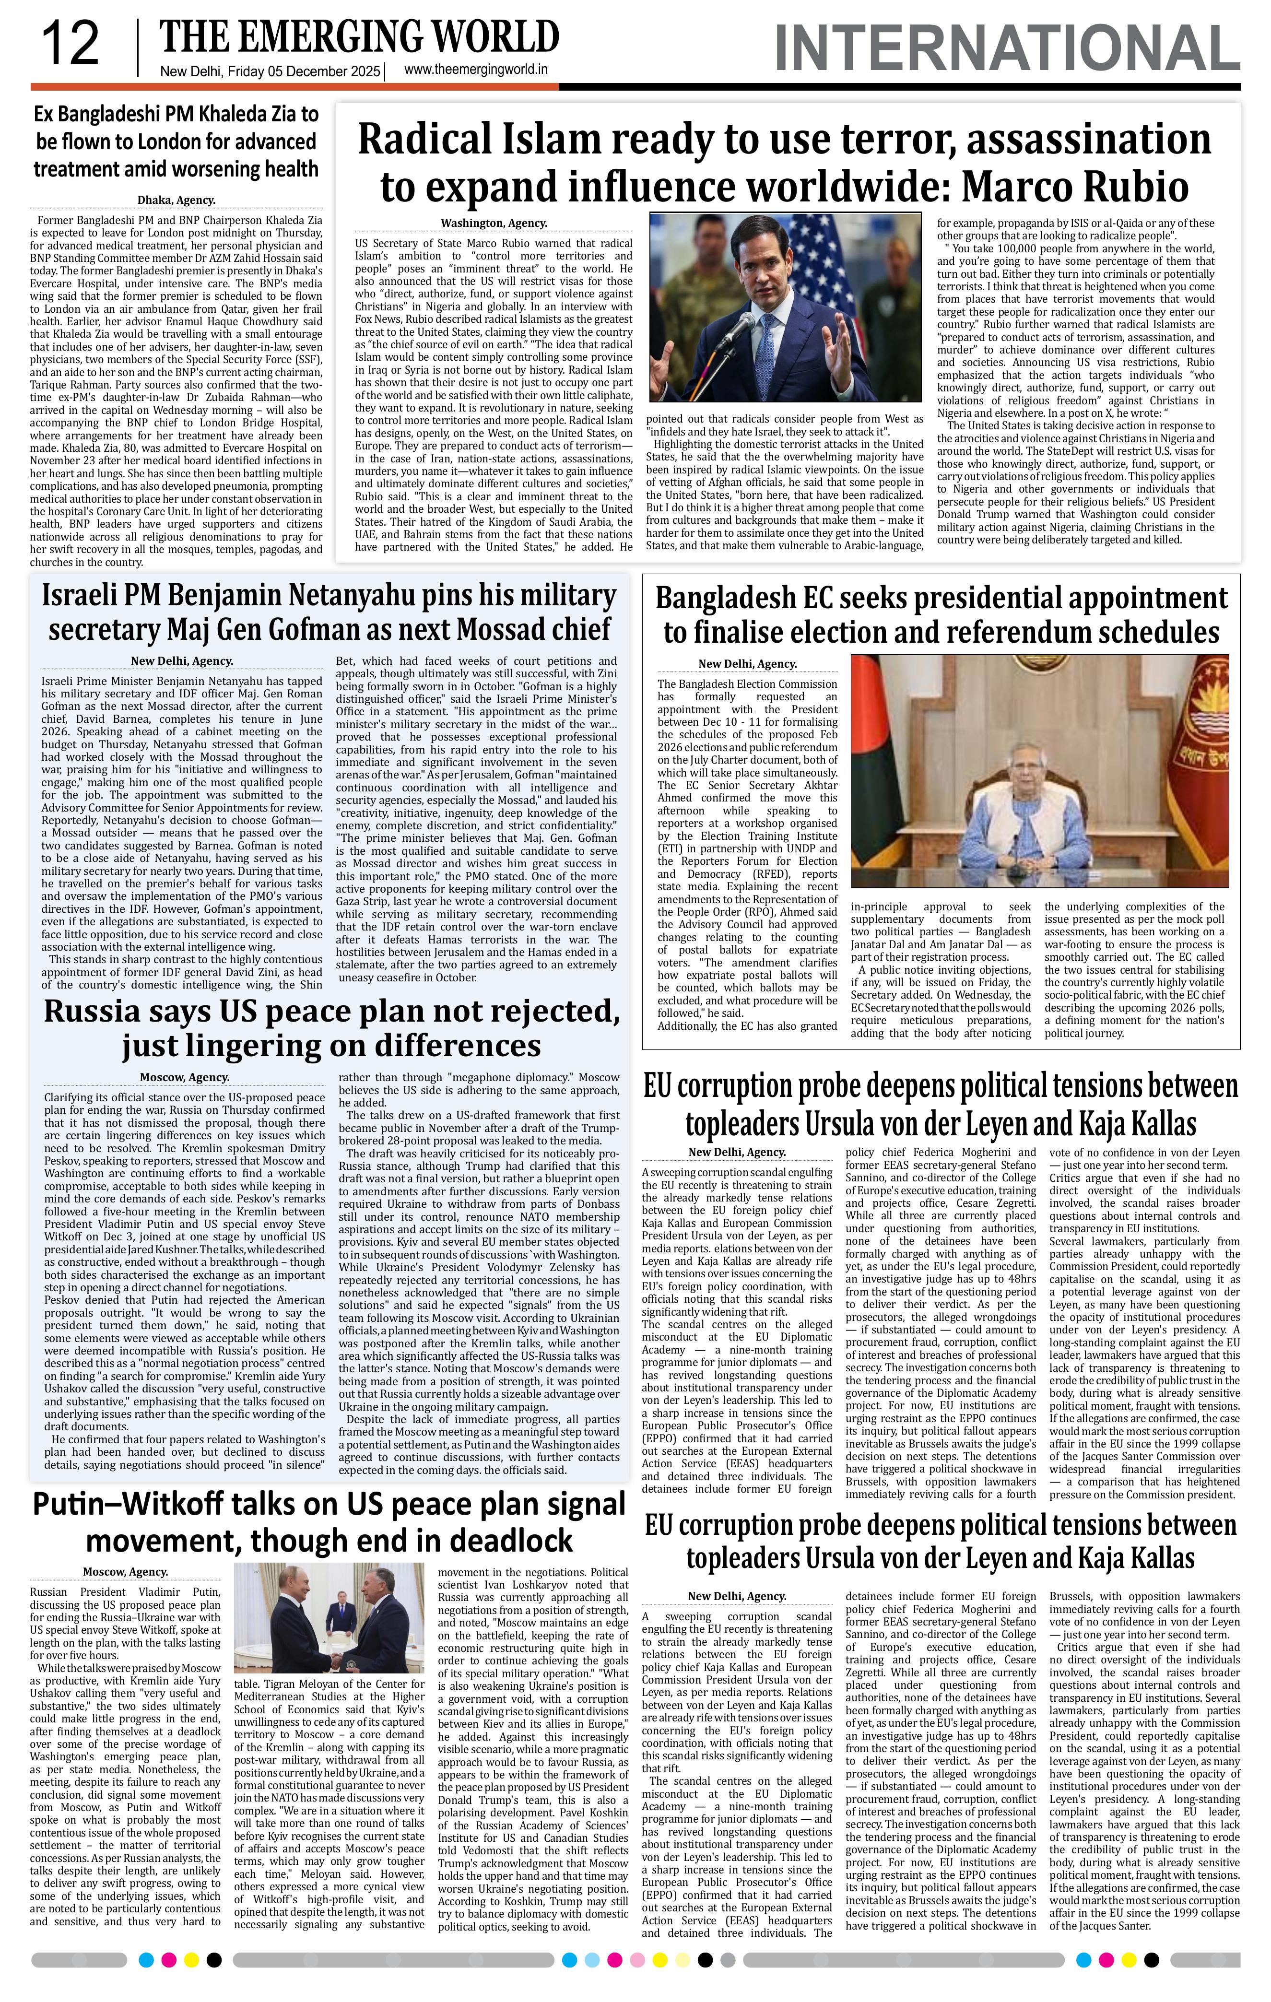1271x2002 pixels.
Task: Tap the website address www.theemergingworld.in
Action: pos(475,71)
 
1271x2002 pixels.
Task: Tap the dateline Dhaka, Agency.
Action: pos(176,200)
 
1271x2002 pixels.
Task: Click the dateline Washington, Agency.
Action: pos(494,223)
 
